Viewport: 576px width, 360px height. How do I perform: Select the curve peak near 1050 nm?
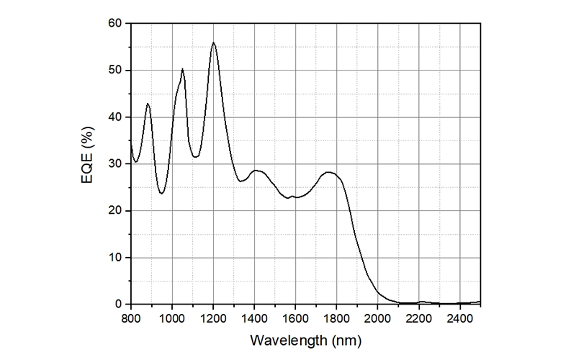(x=182, y=69)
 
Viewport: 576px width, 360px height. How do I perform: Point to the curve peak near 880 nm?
(x=148, y=104)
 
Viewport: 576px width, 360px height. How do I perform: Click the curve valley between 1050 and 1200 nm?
(x=196, y=156)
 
